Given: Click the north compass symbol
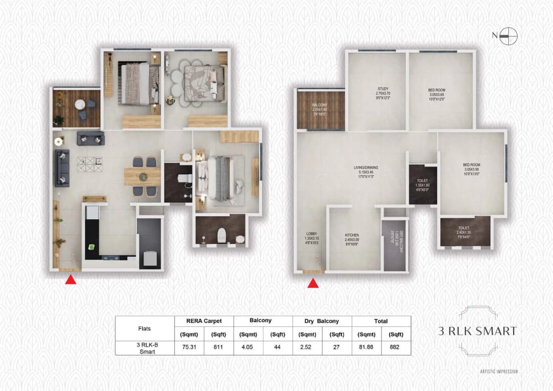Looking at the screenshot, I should [x=509, y=36].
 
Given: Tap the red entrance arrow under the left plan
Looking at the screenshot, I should [x=71, y=280].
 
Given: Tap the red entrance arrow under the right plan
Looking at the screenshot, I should [x=314, y=283].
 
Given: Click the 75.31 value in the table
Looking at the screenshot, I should [x=189, y=346].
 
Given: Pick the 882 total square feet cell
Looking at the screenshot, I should [x=396, y=346].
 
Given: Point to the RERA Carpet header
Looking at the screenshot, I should [x=204, y=321].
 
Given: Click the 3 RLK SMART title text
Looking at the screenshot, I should [x=477, y=331].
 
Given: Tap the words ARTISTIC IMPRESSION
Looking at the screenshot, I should [x=498, y=372].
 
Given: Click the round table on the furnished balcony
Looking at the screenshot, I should [x=80, y=105].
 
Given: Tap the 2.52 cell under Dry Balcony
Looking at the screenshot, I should [x=307, y=346].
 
